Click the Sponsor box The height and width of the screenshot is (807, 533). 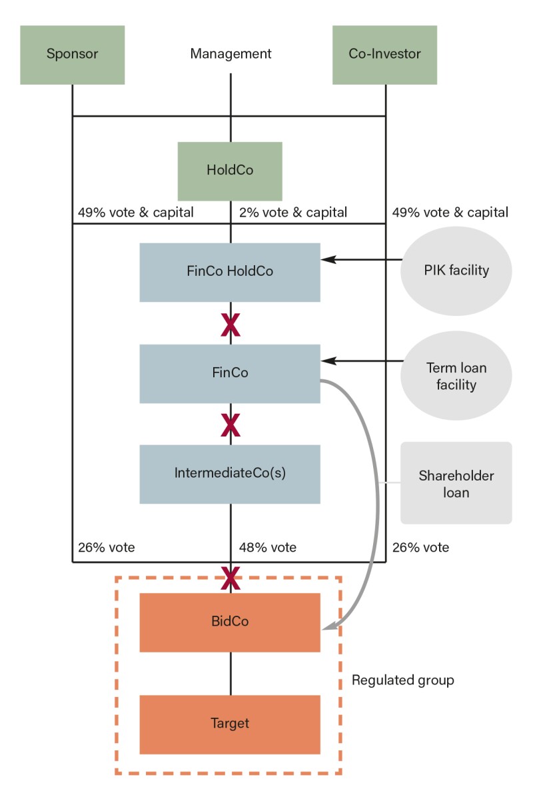[x=72, y=55]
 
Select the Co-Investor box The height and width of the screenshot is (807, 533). [x=384, y=55]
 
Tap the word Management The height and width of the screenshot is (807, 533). [x=231, y=54]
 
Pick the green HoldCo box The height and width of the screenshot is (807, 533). [x=230, y=171]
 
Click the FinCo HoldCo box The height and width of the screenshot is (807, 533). [x=230, y=272]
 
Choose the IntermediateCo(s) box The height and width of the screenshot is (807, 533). [x=230, y=474]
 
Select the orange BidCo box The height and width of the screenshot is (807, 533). [x=230, y=622]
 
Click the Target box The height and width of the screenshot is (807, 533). [x=230, y=724]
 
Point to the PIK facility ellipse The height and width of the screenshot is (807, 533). [x=456, y=271]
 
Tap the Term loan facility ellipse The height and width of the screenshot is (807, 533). [x=456, y=377]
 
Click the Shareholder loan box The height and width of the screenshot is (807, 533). [x=456, y=484]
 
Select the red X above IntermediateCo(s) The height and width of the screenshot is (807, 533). [x=231, y=423]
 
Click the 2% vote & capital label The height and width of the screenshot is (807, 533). [x=293, y=213]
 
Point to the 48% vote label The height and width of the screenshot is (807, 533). [x=268, y=548]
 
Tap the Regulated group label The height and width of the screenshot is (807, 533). [x=403, y=680]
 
